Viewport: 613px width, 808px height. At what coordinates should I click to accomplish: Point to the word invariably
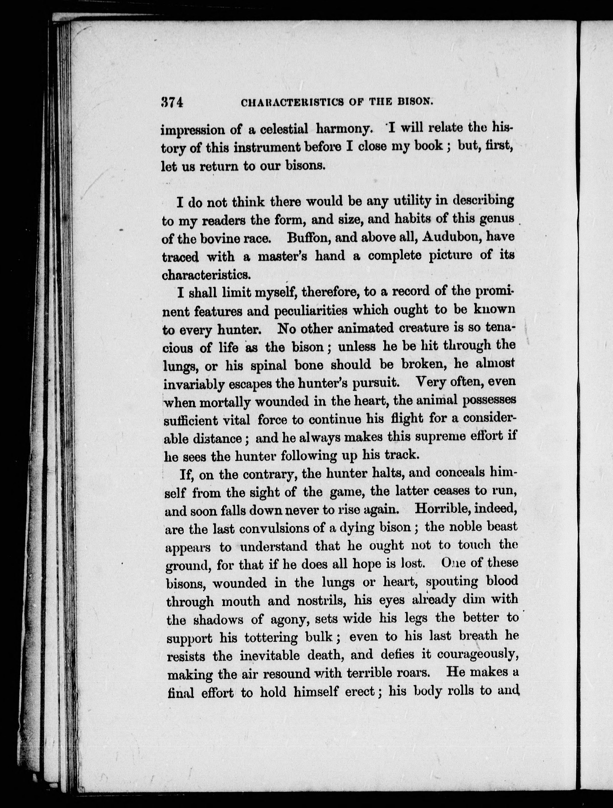coord(194,384)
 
